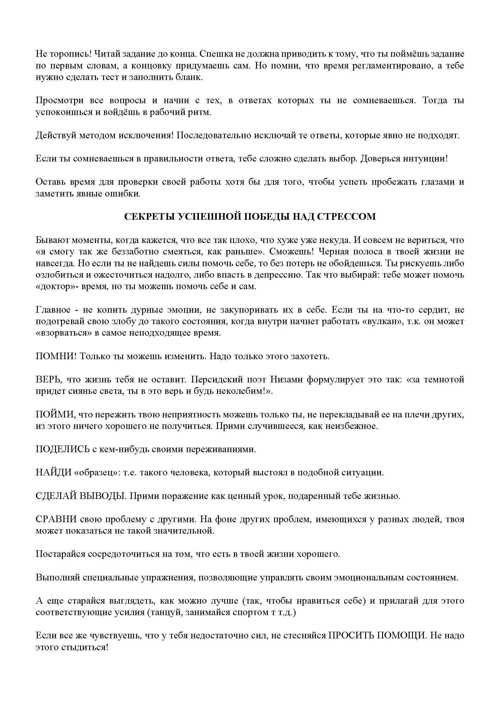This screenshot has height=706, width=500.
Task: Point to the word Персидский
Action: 214,380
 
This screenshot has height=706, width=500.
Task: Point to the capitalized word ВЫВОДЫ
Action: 102,496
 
